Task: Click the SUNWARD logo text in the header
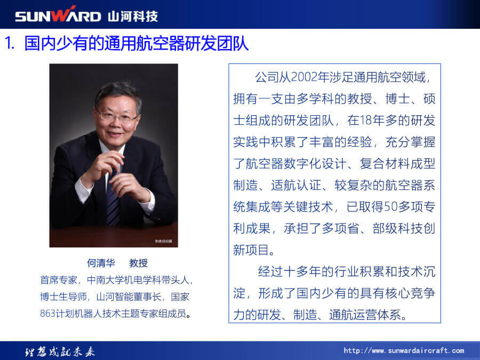[x=58, y=15]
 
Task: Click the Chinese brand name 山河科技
[x=133, y=16]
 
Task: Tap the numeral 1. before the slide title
[x=10, y=43]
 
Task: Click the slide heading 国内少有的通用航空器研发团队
[x=136, y=43]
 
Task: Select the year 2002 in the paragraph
[x=304, y=77]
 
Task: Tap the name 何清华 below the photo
[x=101, y=262]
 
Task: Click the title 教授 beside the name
[x=138, y=262]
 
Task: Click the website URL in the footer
[x=404, y=350]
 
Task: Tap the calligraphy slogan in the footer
[x=60, y=352]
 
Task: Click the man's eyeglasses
[x=117, y=116]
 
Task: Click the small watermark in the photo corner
[x=163, y=241]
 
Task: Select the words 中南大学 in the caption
[x=105, y=280]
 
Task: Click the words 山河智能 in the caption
[x=115, y=297]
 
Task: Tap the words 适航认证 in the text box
[x=296, y=185]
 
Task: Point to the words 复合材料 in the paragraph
[x=385, y=164]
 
